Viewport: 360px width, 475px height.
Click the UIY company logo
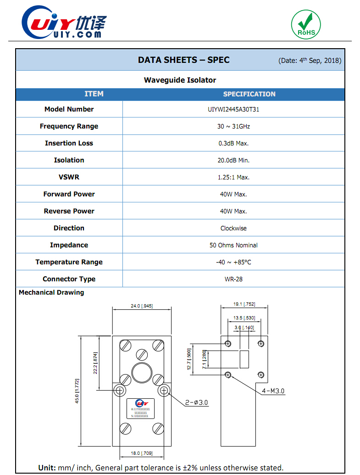click(x=64, y=23)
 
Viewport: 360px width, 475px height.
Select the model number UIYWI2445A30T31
click(x=233, y=109)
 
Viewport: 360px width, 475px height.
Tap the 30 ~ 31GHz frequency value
click(x=233, y=126)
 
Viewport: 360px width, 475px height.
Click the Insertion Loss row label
click(x=69, y=143)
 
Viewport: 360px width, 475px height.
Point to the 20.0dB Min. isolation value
click(x=233, y=160)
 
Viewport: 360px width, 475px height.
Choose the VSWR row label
click(x=69, y=177)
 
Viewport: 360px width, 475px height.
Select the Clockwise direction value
click(x=233, y=228)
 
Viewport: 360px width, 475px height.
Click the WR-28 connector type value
click(x=233, y=279)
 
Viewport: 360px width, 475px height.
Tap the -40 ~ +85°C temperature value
click(x=233, y=262)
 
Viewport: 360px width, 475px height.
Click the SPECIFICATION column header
click(x=249, y=94)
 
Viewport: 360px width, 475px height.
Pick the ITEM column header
click(x=94, y=94)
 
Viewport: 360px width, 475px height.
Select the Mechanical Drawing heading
click(x=51, y=292)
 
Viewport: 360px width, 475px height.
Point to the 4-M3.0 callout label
click(x=273, y=391)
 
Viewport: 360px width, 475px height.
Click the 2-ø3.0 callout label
click(x=197, y=402)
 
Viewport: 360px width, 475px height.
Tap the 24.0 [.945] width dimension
click(x=141, y=305)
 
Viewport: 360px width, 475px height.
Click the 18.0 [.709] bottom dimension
click(x=141, y=453)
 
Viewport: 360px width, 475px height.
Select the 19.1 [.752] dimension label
click(x=244, y=304)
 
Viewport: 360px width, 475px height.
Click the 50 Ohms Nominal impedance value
click(x=233, y=245)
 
